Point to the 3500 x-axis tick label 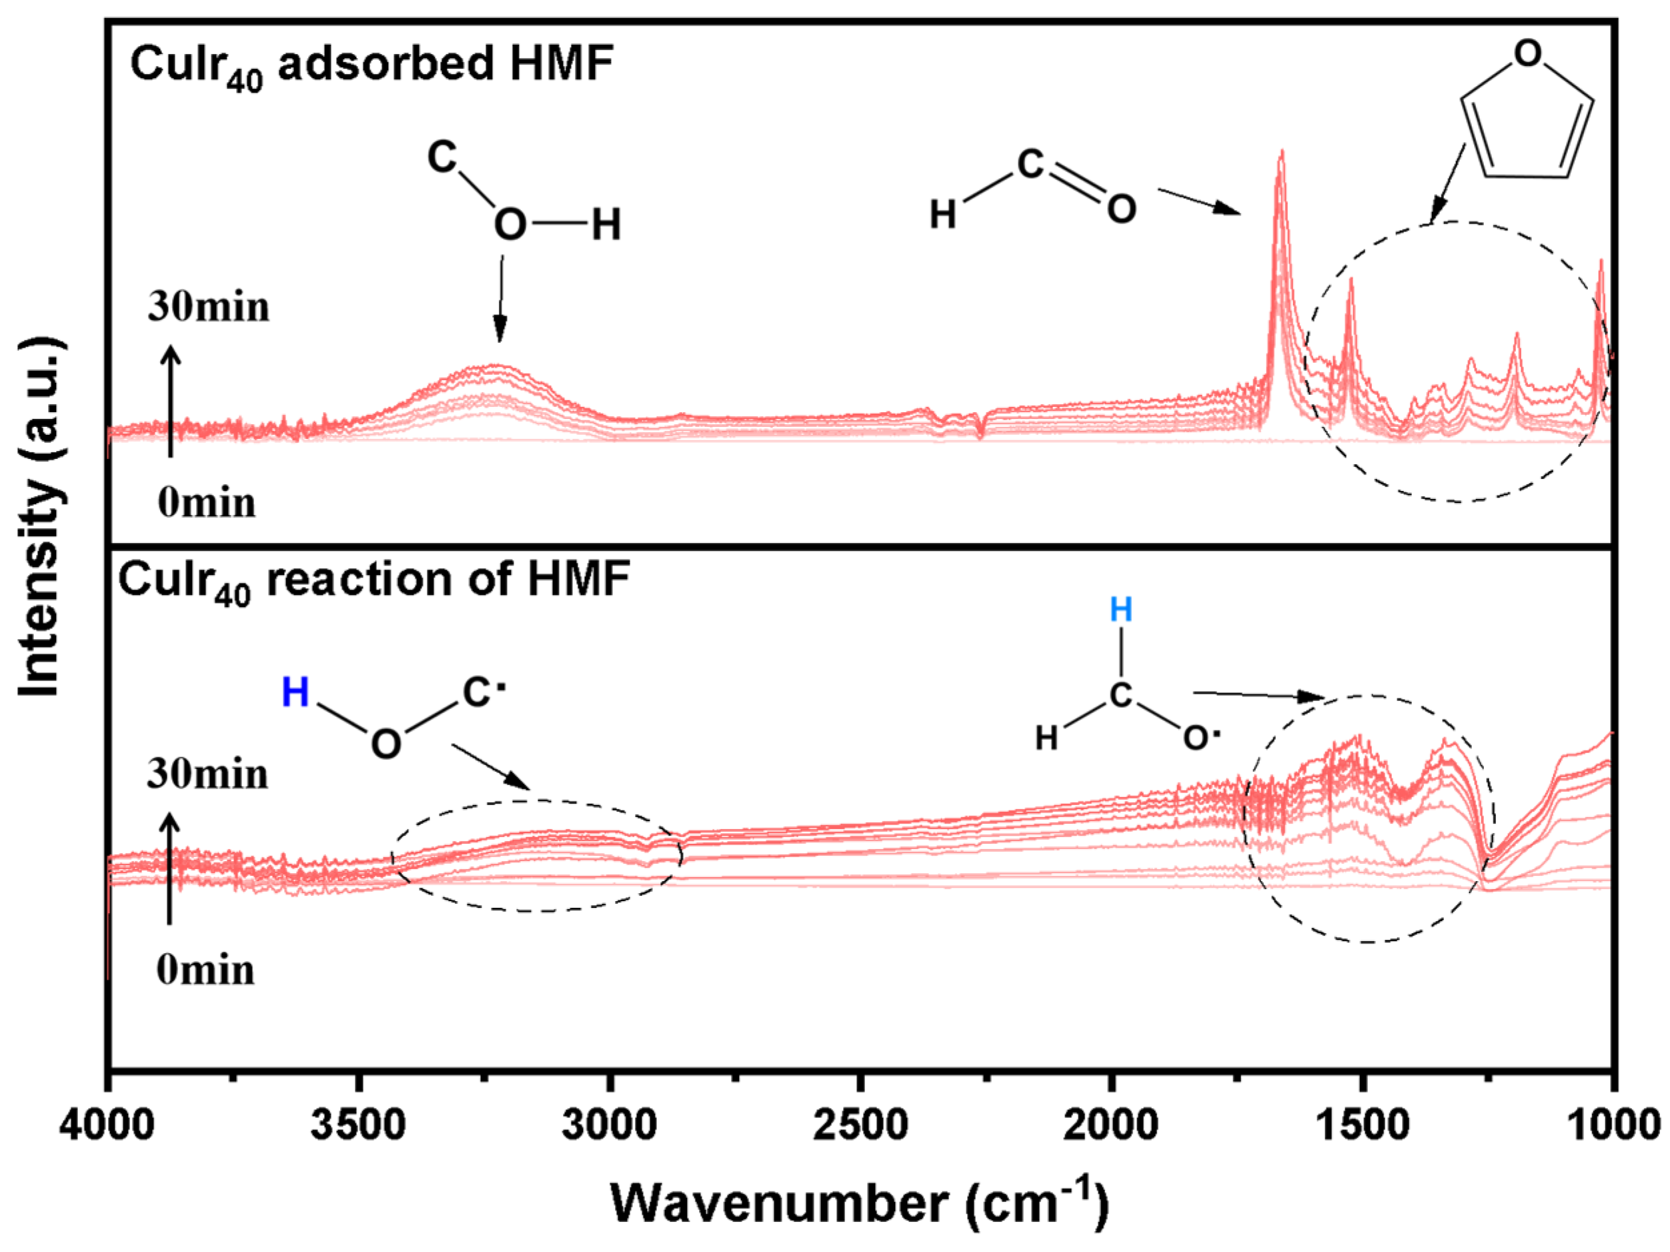tap(359, 1126)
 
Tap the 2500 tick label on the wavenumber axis tap(860, 1126)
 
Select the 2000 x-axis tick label tap(1110, 1126)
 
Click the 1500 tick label tap(1362, 1126)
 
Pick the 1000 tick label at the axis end tap(1614, 1126)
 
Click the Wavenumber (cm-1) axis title tap(860, 1203)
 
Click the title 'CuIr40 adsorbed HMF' tap(371, 65)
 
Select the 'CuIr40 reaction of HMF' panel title tap(373, 582)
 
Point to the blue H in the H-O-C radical tap(295, 692)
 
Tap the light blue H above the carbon tap(1121, 610)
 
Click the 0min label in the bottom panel tap(205, 971)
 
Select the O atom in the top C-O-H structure tap(510, 224)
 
